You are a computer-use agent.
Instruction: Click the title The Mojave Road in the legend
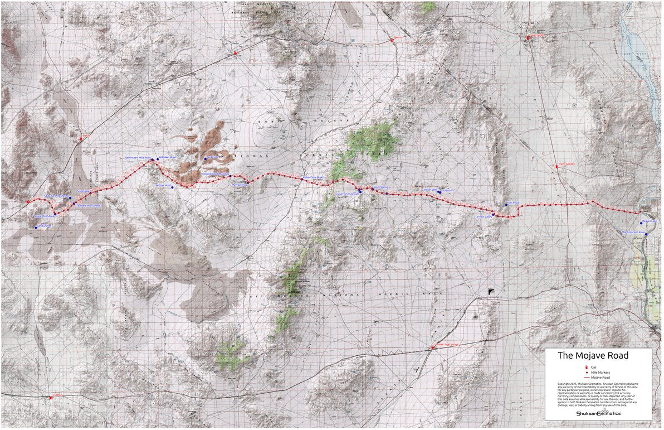pyautogui.click(x=593, y=356)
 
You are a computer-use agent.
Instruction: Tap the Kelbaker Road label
pyautogui.click(x=167, y=158)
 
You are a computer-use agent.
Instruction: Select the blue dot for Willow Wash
pyautogui.click(x=173, y=187)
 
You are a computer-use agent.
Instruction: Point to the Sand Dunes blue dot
pyautogui.click(x=36, y=228)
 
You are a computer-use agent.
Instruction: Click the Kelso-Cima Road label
pyautogui.click(x=312, y=178)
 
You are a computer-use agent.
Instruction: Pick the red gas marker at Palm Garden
pyautogui.click(x=556, y=167)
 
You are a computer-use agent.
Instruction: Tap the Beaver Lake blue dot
pyautogui.click(x=645, y=223)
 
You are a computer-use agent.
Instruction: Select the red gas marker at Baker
pyautogui.click(x=81, y=138)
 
